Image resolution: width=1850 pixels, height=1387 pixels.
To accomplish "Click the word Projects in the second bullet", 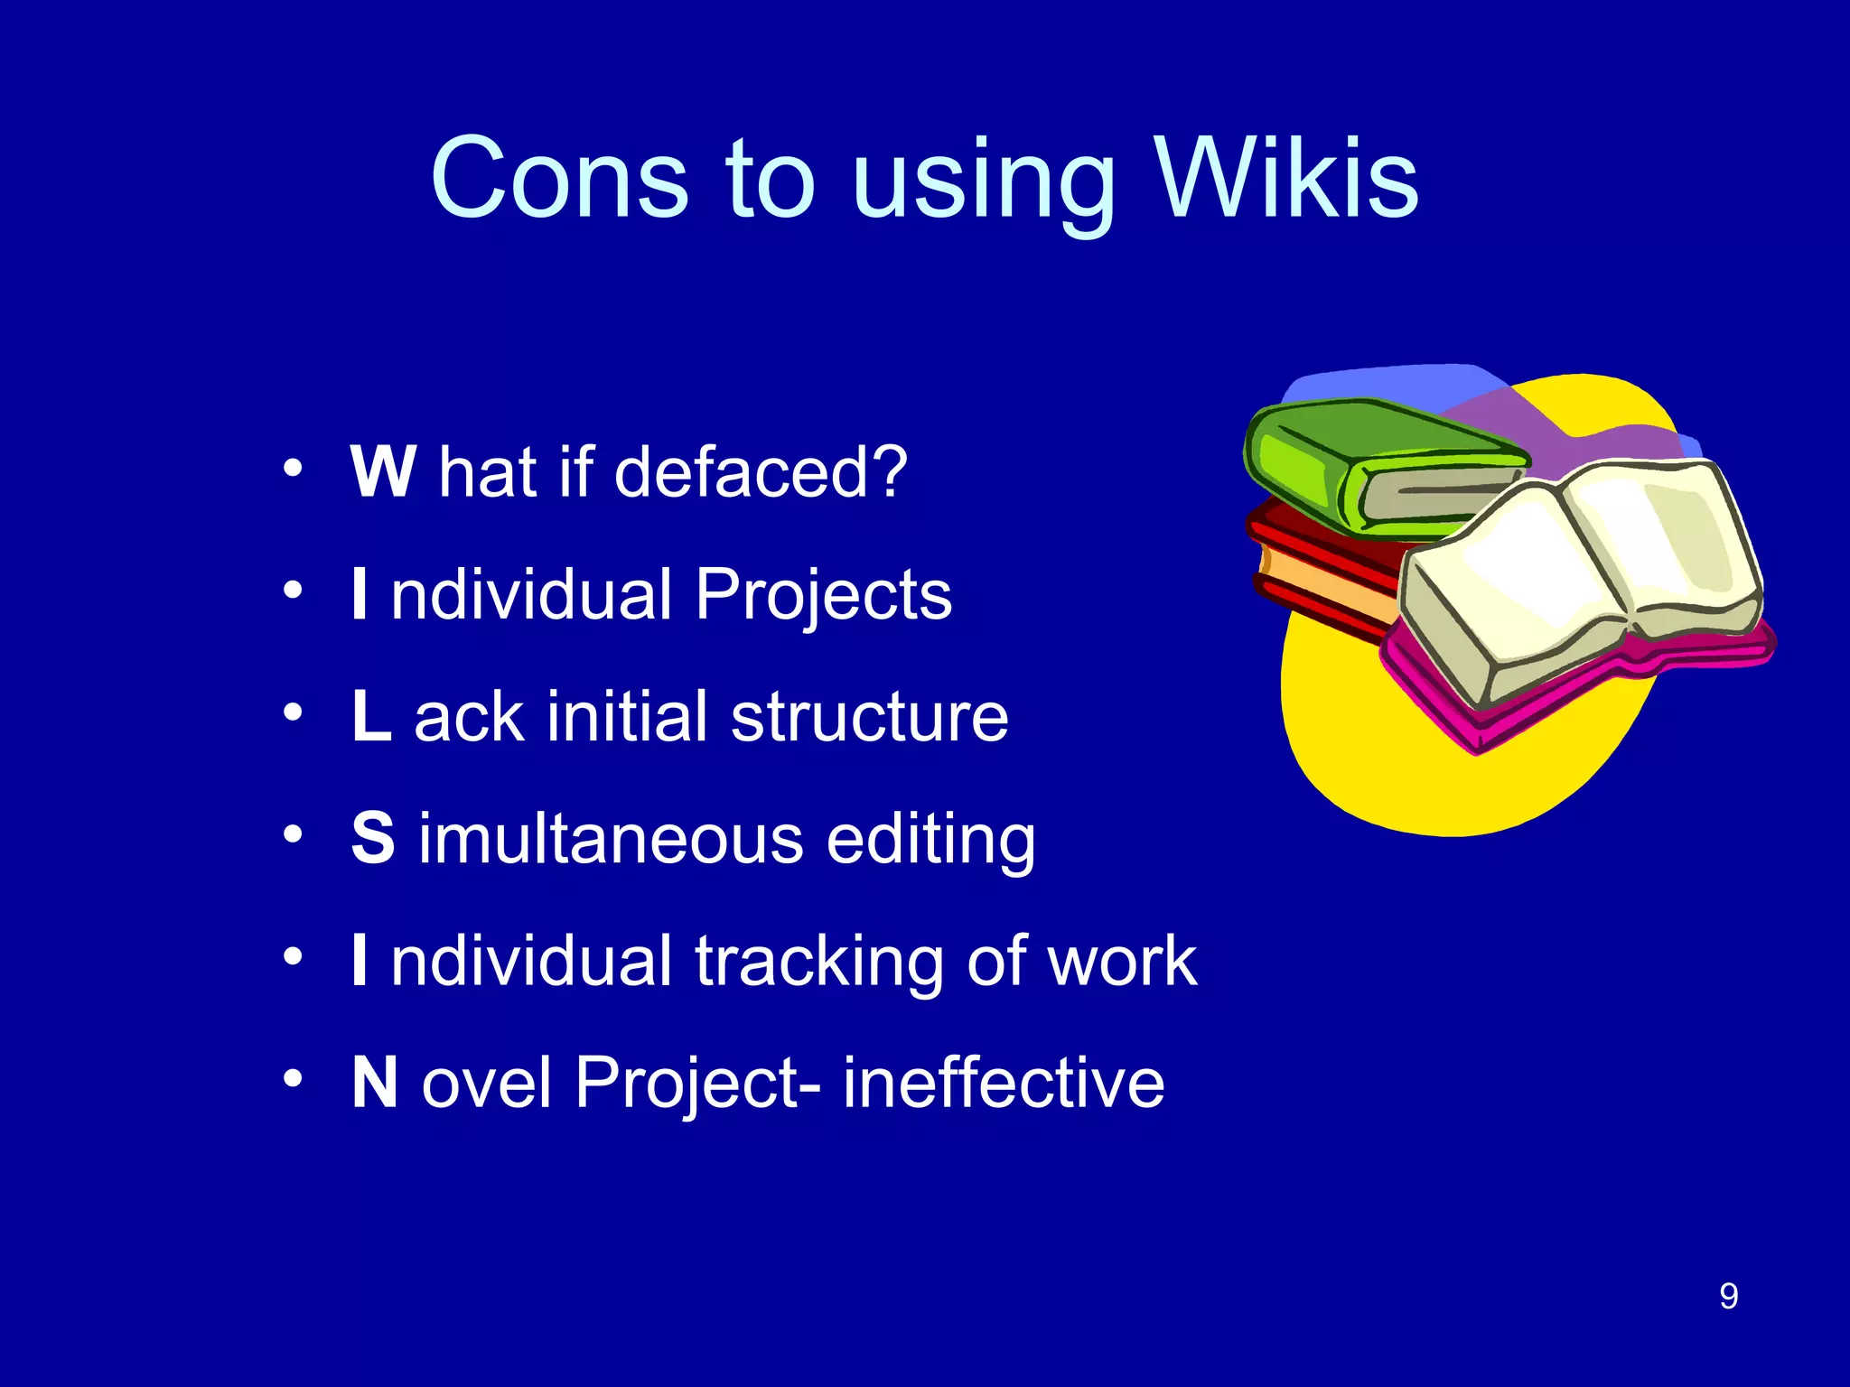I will coord(823,597).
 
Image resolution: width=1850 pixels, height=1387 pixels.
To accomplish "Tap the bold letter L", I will coord(371,716).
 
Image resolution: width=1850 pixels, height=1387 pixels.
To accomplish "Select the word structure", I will coord(869,718).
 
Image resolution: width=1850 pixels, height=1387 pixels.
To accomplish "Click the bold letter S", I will coord(373,838).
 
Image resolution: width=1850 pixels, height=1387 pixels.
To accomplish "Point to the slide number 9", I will coord(1728,1297).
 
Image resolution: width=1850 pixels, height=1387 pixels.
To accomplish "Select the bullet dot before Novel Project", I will coord(292,1079).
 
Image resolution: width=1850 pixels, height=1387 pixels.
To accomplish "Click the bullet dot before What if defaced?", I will coord(292,469).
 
